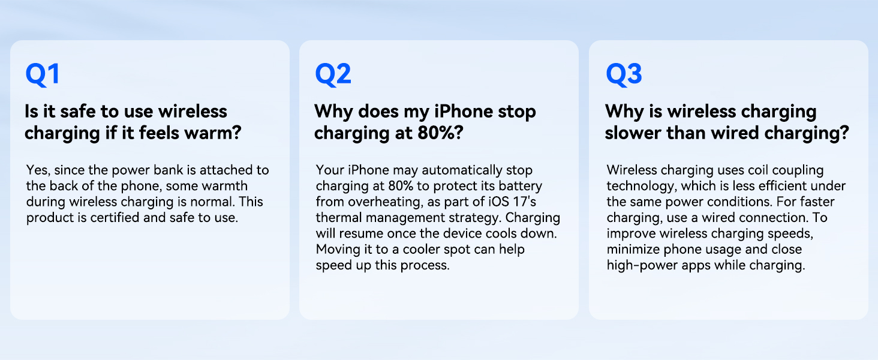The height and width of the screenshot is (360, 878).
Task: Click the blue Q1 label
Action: (43, 74)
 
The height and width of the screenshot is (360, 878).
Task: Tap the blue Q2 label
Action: (333, 74)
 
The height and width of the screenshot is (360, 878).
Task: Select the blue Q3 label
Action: (624, 74)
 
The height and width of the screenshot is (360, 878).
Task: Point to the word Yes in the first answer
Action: (38, 170)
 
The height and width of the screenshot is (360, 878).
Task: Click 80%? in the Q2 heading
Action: (440, 133)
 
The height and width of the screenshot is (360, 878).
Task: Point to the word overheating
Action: (383, 202)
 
